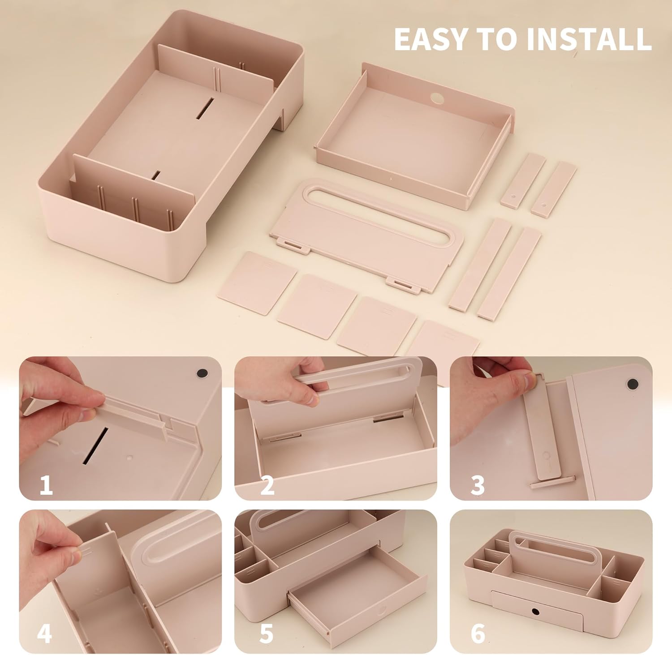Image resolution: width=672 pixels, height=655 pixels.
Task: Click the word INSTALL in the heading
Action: coord(589,39)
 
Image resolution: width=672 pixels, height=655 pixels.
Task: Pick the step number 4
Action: coord(44,634)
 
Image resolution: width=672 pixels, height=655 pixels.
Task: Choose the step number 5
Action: coord(266,634)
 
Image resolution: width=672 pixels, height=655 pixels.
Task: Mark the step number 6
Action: coord(478,634)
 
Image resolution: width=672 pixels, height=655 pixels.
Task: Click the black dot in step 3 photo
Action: coord(633,384)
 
